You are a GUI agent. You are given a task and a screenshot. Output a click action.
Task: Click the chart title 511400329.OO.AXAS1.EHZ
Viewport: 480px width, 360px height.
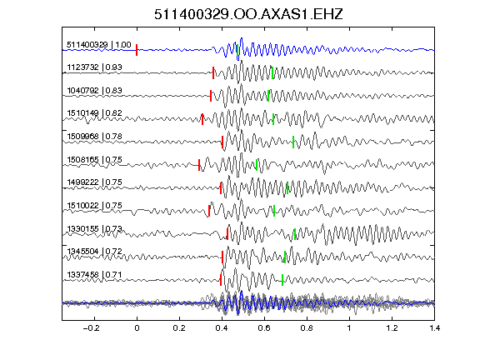point(248,14)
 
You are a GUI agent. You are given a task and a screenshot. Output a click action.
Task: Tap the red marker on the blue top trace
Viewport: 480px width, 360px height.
point(137,50)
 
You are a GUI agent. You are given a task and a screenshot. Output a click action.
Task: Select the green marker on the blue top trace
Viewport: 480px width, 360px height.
point(237,50)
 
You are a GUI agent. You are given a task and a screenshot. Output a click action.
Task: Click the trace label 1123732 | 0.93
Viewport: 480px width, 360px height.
point(95,67)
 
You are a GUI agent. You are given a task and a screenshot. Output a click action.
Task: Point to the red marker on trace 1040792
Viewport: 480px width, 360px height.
point(211,96)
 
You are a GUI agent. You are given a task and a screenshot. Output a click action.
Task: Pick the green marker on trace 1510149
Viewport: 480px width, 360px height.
point(273,119)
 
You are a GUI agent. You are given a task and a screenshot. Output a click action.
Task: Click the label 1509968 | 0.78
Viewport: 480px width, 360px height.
point(95,136)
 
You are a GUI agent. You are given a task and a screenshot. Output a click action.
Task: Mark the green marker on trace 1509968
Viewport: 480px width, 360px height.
point(293,142)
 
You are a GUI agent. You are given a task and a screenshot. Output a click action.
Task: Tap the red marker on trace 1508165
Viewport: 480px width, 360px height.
point(199,165)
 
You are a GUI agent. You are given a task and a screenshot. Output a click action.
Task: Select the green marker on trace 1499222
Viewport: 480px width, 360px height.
point(287,188)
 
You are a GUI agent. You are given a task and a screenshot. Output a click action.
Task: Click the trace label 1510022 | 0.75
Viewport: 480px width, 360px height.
point(95,205)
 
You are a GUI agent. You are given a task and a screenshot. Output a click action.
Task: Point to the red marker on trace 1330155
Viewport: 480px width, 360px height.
point(227,234)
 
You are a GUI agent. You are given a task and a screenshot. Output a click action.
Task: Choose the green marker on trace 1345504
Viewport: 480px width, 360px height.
point(285,257)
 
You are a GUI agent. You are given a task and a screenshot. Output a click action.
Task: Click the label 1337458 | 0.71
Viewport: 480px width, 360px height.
point(95,275)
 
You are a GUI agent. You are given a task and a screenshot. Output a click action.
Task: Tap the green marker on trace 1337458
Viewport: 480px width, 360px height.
point(282,280)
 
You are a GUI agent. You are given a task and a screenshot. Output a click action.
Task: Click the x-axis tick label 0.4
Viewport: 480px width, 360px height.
point(222,328)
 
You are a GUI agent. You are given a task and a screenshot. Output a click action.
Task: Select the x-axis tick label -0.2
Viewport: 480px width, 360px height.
point(92,328)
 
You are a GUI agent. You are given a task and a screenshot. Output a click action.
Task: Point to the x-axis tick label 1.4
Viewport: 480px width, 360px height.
point(434,328)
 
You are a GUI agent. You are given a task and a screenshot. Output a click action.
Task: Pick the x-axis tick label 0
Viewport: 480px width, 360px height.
point(137,328)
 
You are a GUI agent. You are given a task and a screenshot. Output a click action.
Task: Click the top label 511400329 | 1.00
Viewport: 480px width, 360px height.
point(99,45)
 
